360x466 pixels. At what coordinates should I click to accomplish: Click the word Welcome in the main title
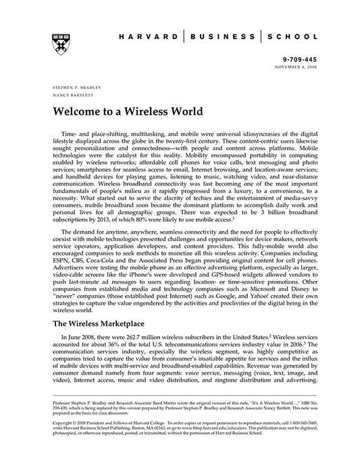pos(78,111)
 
